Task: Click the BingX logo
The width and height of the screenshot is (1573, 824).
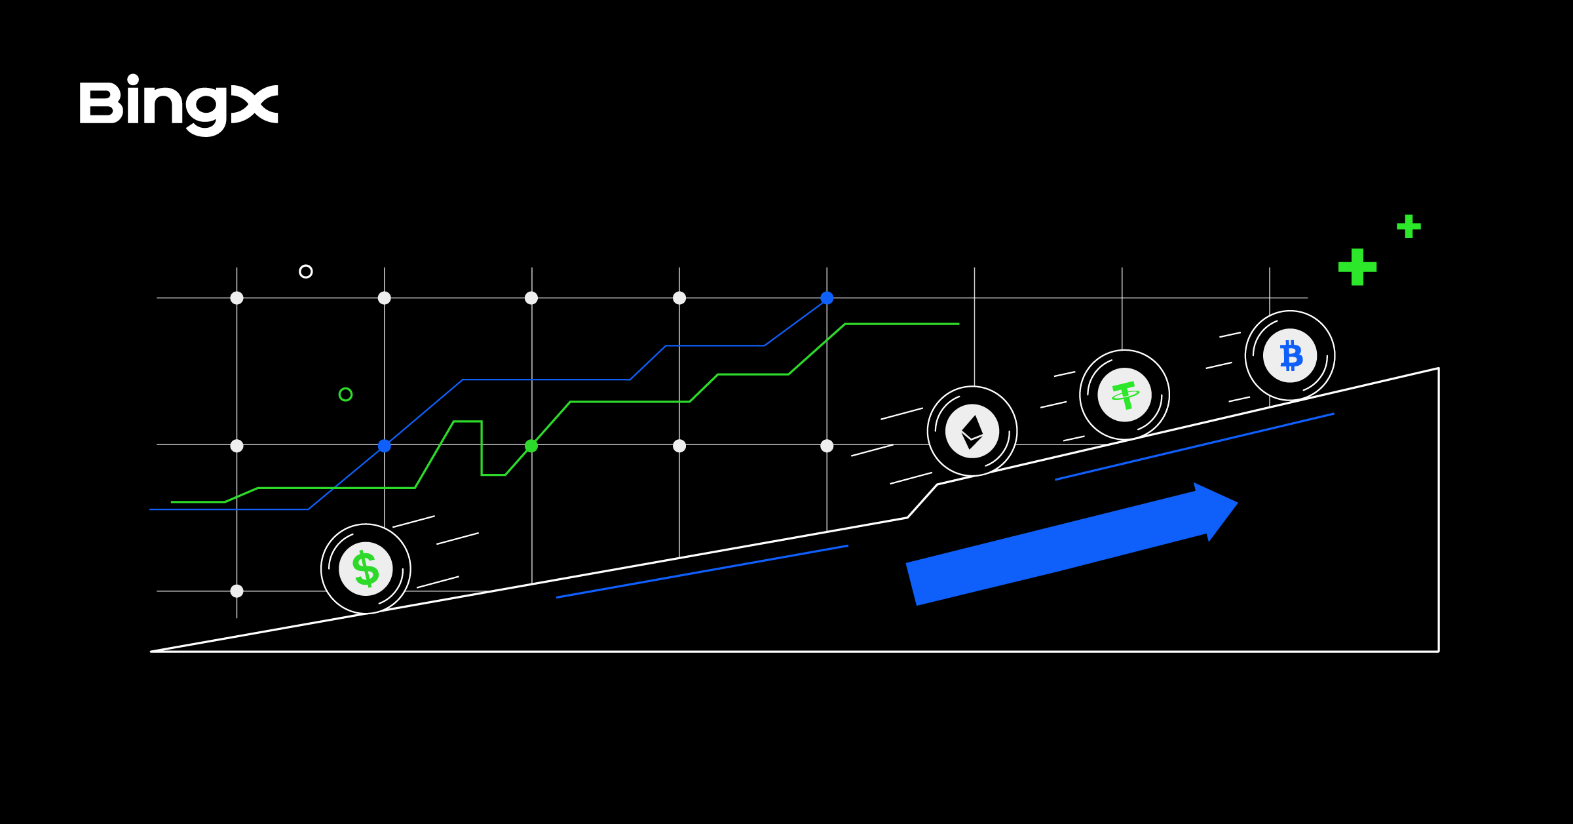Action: (178, 105)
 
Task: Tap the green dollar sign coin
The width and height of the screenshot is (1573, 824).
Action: (366, 568)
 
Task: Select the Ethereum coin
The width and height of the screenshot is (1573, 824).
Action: (972, 431)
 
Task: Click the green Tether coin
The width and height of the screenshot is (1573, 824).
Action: (1125, 395)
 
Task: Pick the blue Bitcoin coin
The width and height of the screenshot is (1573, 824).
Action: (1290, 355)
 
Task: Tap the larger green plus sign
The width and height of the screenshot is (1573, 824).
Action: (1357, 267)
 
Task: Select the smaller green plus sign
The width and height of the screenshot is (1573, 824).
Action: (1409, 227)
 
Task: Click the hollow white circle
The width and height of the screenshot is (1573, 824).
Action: (306, 271)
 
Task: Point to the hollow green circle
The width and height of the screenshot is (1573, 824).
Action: (345, 394)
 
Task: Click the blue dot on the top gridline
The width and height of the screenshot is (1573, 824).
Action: (827, 298)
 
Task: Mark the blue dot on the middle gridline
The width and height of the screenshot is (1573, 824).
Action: (385, 446)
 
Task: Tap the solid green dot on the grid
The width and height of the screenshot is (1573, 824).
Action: (531, 446)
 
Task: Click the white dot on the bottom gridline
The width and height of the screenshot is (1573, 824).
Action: (237, 591)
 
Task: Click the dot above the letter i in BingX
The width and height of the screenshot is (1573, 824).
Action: (133, 79)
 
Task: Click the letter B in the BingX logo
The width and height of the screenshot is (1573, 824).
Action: (100, 103)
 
